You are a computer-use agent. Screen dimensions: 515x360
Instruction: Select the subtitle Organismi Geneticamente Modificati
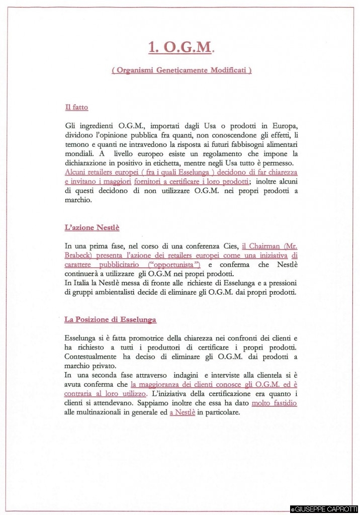click(182, 70)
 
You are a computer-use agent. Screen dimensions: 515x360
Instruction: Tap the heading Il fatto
click(76, 107)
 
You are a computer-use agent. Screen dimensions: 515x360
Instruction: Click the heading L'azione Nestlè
click(92, 227)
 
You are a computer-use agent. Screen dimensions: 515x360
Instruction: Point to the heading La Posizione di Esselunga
click(110, 319)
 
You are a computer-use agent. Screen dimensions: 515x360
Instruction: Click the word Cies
click(227, 246)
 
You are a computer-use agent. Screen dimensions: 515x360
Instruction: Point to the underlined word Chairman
click(264, 246)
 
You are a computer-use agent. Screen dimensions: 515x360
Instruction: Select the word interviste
click(232, 375)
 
